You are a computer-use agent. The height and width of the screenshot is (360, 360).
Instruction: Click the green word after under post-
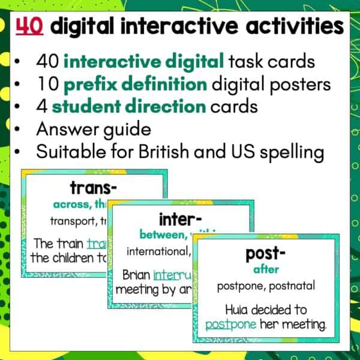265,270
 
